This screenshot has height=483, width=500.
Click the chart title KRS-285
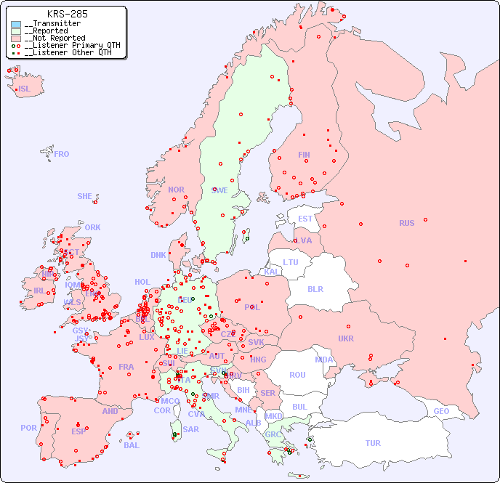pos(67,14)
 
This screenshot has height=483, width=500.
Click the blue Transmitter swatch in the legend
pos(16,24)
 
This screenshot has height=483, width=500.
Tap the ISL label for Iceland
pos(24,89)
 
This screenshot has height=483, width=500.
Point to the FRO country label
pos(62,154)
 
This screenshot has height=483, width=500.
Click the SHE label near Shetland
pos(84,196)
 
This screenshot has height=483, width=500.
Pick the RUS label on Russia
pos(406,223)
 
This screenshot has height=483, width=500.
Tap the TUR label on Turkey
pos(373,443)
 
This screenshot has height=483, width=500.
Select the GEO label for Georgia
pos(441,411)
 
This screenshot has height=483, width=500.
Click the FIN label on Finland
pos(304,155)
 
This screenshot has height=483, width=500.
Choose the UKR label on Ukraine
pos(346,338)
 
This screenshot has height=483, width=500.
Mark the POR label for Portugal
pos(28,428)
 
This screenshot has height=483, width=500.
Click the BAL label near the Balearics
pos(132,445)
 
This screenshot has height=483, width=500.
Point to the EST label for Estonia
pos(305,219)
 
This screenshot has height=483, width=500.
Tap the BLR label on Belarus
pos(315,288)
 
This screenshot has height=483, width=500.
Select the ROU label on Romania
pos(297,375)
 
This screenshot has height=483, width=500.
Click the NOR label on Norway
pos(176,190)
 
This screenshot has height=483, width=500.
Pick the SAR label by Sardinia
pos(190,429)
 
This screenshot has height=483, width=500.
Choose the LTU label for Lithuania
pos(291,262)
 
